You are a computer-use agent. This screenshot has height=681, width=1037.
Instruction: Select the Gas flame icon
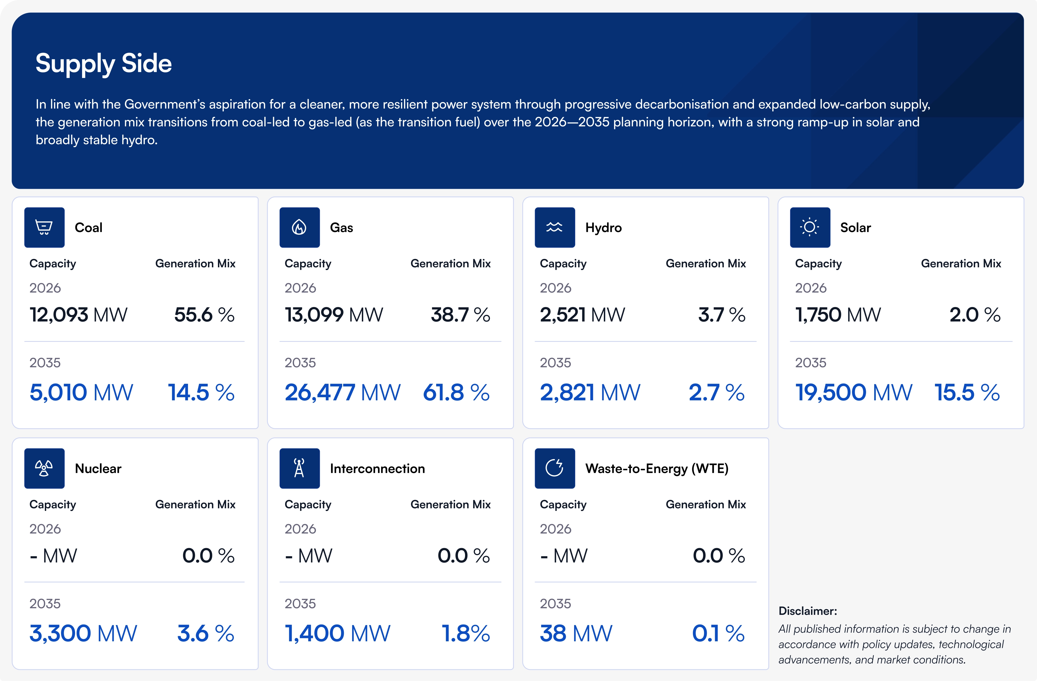coord(299,227)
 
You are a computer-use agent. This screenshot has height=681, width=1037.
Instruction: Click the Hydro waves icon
coord(555,227)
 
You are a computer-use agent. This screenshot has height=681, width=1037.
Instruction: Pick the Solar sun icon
coord(810,227)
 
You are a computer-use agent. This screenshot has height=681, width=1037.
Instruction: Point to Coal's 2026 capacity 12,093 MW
coord(78,315)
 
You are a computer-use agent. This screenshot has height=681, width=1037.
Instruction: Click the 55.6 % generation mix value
coord(204,315)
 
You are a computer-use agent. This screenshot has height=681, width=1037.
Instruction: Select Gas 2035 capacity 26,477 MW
coord(342,392)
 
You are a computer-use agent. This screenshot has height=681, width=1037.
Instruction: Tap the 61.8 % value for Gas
coord(456,392)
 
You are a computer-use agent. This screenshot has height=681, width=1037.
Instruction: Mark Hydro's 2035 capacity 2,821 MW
coord(590,392)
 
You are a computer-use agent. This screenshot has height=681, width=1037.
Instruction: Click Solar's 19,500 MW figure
coord(854,392)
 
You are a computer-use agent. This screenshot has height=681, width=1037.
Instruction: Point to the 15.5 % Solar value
coord(967,392)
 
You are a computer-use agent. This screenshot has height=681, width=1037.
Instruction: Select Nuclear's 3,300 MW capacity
coord(83,633)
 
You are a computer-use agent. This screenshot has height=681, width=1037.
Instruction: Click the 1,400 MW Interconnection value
coord(338,633)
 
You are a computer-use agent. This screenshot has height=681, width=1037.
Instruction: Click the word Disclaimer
coord(807,611)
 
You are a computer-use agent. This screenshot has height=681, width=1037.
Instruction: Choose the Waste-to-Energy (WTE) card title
coord(656,468)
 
